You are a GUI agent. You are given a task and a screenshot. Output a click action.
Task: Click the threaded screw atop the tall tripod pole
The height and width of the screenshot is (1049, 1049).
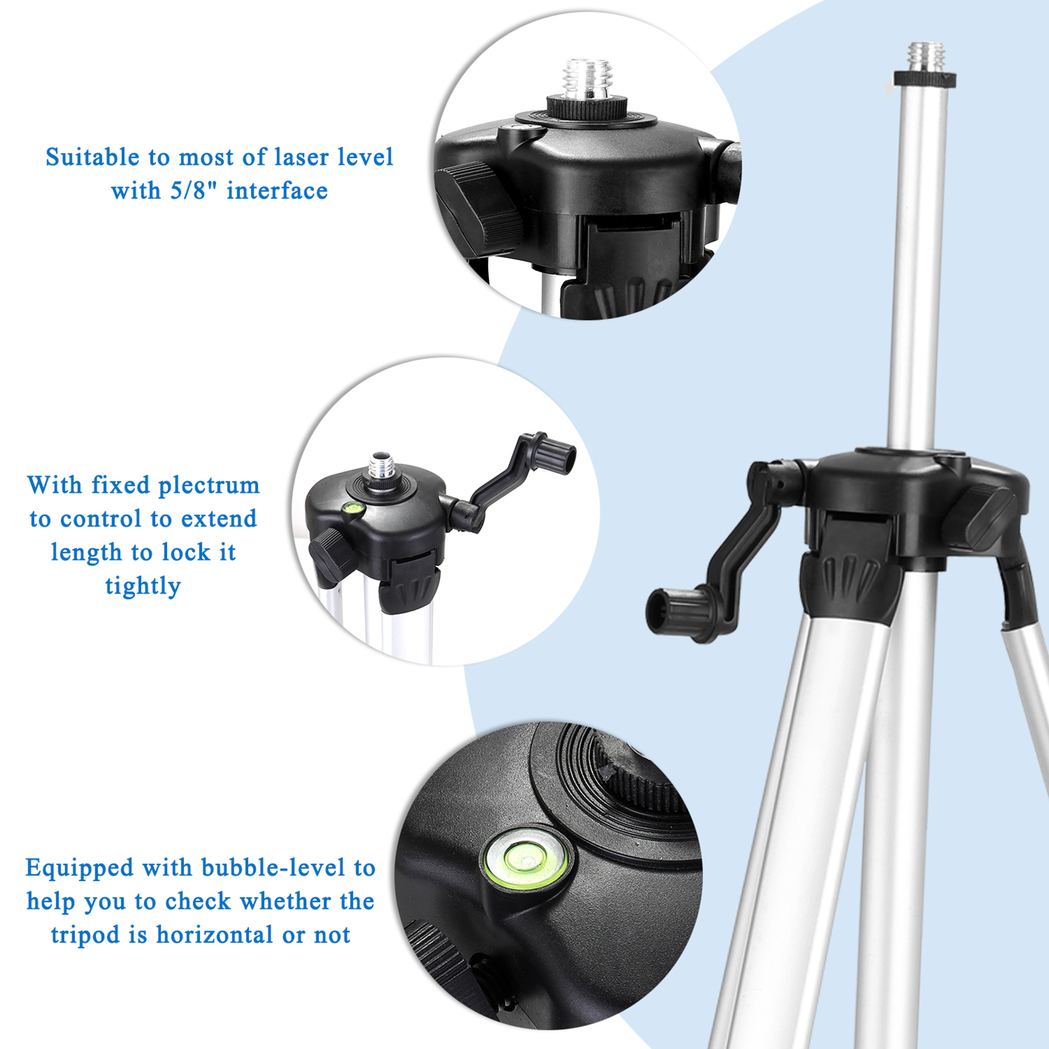926,57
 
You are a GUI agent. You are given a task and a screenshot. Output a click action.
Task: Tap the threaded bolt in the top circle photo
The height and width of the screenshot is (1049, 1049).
588,77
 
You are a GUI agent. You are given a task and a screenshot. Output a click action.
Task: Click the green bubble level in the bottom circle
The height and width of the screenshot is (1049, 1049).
527,859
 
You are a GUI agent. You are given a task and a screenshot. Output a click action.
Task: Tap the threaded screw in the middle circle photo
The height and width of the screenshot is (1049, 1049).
381,467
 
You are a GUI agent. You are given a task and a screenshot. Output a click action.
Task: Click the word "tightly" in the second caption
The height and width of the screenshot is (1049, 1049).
143,586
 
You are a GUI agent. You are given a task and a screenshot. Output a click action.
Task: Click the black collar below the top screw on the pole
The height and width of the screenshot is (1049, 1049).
925,80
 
